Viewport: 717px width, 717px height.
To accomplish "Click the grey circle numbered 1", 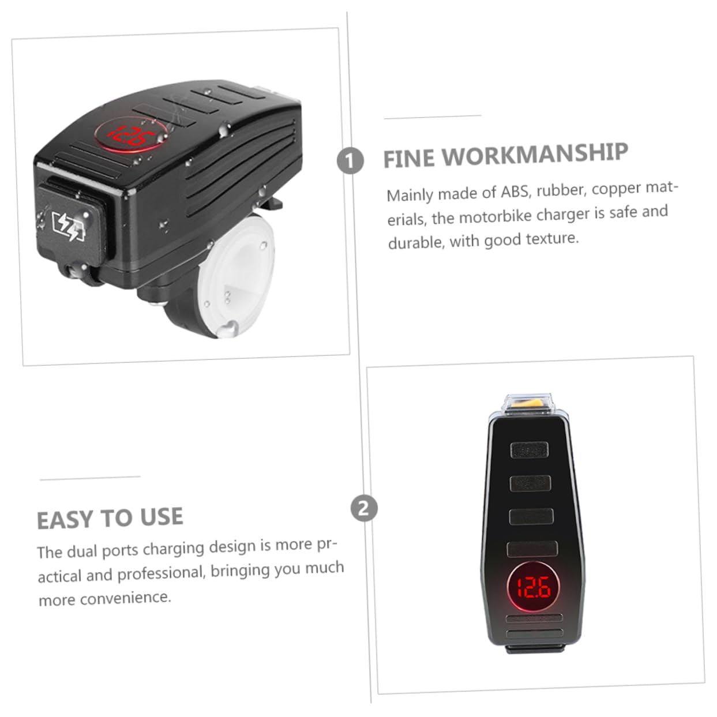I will pyautogui.click(x=350, y=160).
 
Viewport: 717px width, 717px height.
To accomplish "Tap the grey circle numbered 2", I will pyautogui.click(x=364, y=508).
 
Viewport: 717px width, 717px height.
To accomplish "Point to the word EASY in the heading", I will pyautogui.click(x=65, y=520).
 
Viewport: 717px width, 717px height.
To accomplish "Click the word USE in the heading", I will pyautogui.click(x=162, y=516).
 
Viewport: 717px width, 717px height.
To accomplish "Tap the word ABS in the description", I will pyautogui.click(x=515, y=192).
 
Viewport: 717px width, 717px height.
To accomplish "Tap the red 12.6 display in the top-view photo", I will pyautogui.click(x=533, y=588).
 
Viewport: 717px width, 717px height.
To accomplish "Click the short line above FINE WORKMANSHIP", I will pyautogui.click(x=432, y=117).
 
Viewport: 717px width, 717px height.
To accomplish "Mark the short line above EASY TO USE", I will pyautogui.click(x=90, y=478).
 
